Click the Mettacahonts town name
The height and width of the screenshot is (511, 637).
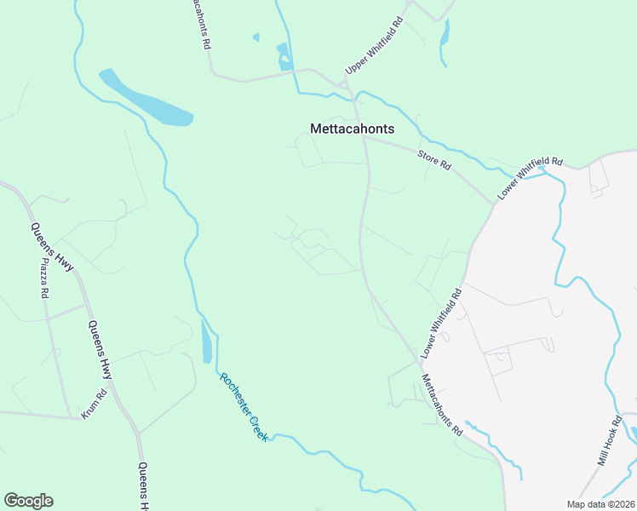point(352,129)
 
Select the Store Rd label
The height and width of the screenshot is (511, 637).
point(433,159)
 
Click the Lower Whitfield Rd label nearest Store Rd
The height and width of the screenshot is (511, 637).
point(531,179)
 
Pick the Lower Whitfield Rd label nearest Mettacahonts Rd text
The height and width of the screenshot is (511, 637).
point(442,323)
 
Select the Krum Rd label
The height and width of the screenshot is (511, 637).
point(93,404)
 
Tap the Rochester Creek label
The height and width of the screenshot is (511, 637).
point(244,406)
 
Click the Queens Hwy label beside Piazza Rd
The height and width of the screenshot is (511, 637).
point(52,247)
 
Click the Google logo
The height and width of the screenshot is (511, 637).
point(28,501)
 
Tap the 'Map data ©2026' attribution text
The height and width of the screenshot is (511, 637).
point(600,504)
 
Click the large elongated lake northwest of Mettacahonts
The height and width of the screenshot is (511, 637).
point(147,99)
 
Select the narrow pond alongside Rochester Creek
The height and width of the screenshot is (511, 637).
point(207,342)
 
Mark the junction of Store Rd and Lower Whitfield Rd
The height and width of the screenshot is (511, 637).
point(494,203)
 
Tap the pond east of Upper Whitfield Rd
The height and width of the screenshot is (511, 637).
point(444,35)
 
